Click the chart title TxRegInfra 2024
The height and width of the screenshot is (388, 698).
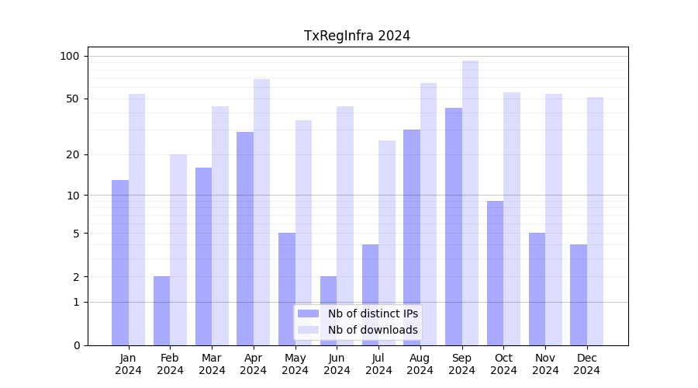click(x=357, y=36)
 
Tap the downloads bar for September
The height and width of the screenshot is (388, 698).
click(x=470, y=203)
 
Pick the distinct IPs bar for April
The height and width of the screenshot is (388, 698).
click(x=245, y=238)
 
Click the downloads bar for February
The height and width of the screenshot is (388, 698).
click(x=178, y=249)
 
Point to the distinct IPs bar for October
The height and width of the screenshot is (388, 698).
click(x=495, y=272)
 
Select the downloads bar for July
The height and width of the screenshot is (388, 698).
click(x=386, y=242)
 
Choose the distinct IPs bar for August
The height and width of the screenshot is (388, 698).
click(x=412, y=237)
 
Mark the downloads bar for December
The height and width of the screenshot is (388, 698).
click(x=595, y=221)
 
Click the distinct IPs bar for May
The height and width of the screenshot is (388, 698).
click(x=287, y=289)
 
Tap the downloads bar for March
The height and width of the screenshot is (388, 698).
click(x=220, y=225)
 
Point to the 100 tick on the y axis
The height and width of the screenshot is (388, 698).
click(x=70, y=56)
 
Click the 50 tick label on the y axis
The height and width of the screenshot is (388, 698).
click(x=72, y=99)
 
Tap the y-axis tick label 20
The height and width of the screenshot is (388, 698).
click(x=72, y=154)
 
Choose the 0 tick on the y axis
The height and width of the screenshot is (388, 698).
click(x=76, y=345)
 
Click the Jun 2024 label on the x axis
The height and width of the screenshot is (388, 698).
click(x=337, y=364)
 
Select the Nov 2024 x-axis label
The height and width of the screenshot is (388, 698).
click(x=545, y=364)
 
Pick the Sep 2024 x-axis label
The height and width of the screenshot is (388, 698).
click(x=461, y=364)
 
